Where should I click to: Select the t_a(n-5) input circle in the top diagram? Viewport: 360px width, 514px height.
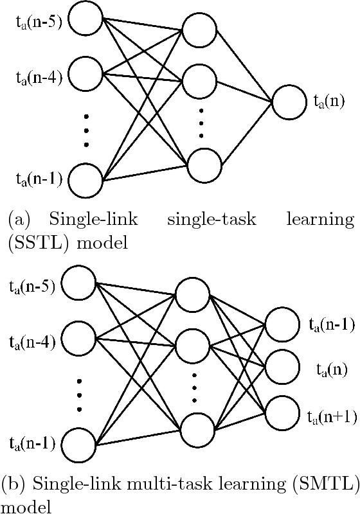(x=85, y=22)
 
